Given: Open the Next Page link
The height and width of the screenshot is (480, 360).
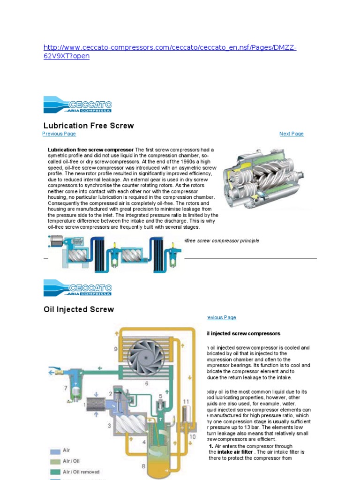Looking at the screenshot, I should coord(291,134).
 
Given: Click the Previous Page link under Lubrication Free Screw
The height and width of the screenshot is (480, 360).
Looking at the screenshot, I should coord(59,134).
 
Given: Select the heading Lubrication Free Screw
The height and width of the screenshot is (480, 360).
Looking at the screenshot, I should coord(89,126).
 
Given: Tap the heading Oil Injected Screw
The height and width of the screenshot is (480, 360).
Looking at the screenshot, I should coord(79,309).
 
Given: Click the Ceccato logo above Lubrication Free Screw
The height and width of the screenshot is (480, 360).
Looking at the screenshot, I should coord(78,105).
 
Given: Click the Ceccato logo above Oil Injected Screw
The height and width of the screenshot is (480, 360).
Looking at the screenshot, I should coord(78,288).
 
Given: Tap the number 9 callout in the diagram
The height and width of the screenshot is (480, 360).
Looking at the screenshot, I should coord(115,348).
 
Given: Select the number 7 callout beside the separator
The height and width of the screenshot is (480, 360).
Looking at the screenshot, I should coord(66,388).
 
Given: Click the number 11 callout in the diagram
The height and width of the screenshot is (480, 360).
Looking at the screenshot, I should coord(186,402).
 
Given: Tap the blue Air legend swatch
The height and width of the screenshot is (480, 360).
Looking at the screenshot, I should coord(55,451).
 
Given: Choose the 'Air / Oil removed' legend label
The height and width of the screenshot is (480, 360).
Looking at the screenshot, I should coord(81,472).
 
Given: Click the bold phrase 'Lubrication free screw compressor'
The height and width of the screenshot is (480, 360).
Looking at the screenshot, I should coord(90,150).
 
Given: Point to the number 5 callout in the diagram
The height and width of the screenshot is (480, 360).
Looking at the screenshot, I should coord(160,383).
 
